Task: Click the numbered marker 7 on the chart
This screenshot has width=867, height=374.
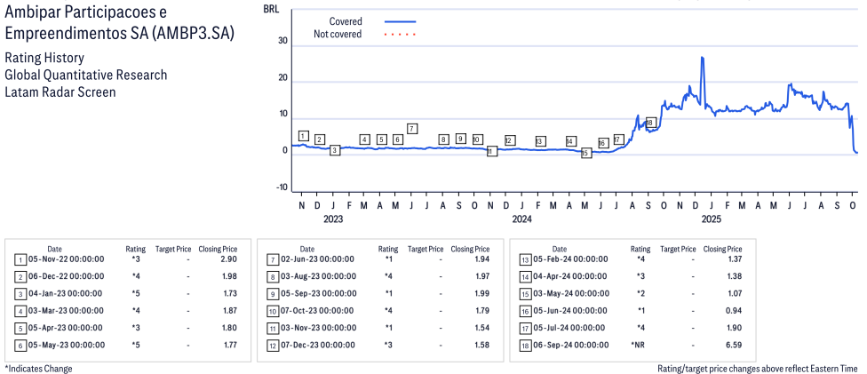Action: coord(412,129)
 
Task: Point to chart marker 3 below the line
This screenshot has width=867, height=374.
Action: coord(334,150)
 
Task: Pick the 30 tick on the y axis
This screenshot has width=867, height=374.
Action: coord(282,41)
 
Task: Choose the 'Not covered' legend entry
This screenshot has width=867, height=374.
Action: coord(338,35)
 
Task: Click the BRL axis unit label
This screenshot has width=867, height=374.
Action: coord(271,8)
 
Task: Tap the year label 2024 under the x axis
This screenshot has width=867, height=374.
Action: coord(521,219)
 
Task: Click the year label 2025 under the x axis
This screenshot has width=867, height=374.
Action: coord(711,219)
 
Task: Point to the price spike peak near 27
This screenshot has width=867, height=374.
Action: coord(702,59)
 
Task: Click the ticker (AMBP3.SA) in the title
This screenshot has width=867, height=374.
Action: coord(206,34)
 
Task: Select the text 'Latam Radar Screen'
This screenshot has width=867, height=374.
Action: coord(60,92)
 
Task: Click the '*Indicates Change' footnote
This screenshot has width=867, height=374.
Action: coord(38,369)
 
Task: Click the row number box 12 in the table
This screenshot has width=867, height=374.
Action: coord(272,345)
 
